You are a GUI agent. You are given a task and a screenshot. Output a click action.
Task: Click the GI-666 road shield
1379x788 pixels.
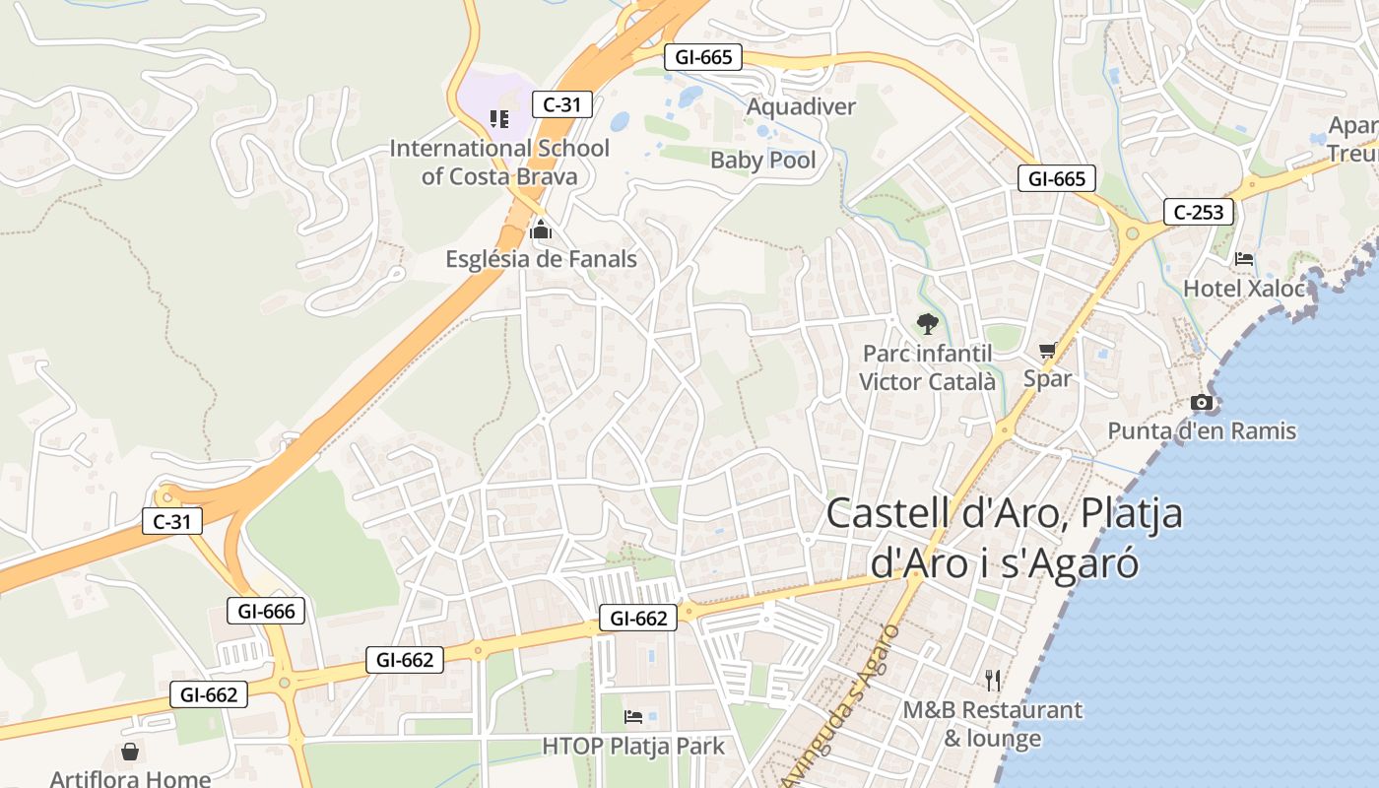[266, 611]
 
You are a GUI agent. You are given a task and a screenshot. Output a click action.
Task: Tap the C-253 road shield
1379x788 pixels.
[1199, 212]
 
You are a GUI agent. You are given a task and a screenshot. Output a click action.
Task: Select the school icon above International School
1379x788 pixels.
[499, 119]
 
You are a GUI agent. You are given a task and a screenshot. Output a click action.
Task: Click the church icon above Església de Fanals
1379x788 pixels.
[540, 230]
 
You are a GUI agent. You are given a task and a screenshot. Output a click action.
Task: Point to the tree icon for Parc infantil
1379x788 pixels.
[927, 323]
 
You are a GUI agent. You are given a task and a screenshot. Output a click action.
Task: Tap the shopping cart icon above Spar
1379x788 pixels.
[1047, 350]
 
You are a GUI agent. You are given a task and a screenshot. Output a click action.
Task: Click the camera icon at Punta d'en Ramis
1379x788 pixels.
[1202, 402]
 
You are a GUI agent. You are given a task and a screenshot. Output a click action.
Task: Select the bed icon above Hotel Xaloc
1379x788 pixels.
[1244, 259]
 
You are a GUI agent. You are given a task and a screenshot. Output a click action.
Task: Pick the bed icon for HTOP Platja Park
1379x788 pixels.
[633, 716]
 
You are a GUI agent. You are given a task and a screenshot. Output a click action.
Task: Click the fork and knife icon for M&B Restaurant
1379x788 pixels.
[993, 680]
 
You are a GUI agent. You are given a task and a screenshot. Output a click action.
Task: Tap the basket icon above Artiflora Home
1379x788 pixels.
[130, 753]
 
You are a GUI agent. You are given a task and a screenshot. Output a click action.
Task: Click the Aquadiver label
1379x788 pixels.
[801, 106]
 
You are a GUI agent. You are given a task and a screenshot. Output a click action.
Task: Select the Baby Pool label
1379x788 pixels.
[763, 160]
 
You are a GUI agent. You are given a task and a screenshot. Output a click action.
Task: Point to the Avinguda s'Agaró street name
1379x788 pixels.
[842, 704]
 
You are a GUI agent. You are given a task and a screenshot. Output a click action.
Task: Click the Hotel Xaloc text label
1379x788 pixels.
[1244, 289]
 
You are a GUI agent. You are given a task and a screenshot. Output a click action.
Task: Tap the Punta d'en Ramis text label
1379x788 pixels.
[1202, 430]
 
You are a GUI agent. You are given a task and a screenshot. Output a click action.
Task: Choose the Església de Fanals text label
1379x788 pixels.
[541, 259]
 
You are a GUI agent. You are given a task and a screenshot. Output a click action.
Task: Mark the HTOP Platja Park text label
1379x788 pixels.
[633, 746]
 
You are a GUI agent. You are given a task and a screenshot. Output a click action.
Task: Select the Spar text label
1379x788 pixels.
[1047, 378]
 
